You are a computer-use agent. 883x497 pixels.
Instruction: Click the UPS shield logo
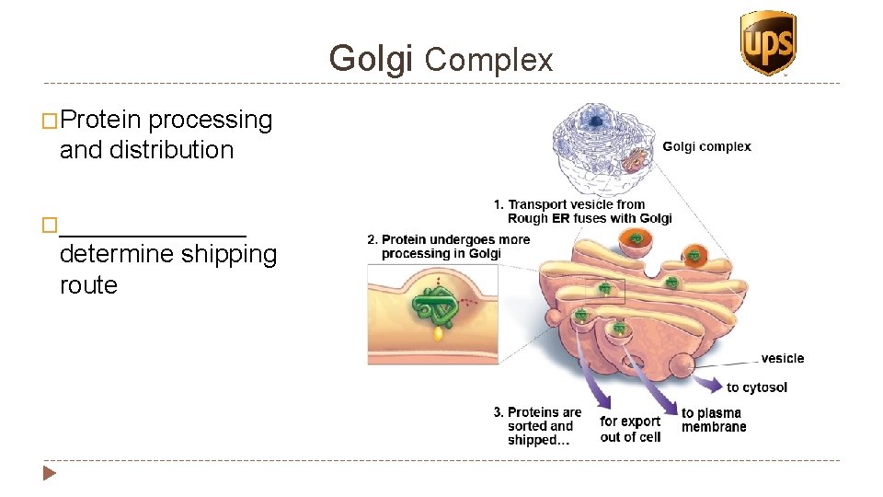coord(767,42)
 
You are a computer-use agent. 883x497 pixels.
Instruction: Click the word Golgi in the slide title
coord(372,59)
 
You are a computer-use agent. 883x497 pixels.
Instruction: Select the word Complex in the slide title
coord(488,61)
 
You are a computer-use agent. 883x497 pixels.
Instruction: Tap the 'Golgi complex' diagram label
coord(706,146)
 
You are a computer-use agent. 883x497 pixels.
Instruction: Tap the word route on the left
coord(88,285)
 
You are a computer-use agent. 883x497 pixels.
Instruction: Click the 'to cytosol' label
coord(756,387)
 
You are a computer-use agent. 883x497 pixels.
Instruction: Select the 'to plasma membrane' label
coord(714,420)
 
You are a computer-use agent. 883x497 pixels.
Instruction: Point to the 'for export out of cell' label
coord(630,429)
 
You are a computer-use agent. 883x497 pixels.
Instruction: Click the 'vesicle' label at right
coord(782,358)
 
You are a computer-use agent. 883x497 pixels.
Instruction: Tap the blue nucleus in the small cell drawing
coord(596,121)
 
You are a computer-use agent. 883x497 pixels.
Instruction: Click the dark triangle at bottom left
coord(50,474)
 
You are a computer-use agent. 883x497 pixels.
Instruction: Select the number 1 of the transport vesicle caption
coord(498,204)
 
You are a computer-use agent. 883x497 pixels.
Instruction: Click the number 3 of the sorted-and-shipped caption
coord(498,412)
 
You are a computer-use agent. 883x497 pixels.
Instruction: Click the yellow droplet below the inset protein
coord(438,335)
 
